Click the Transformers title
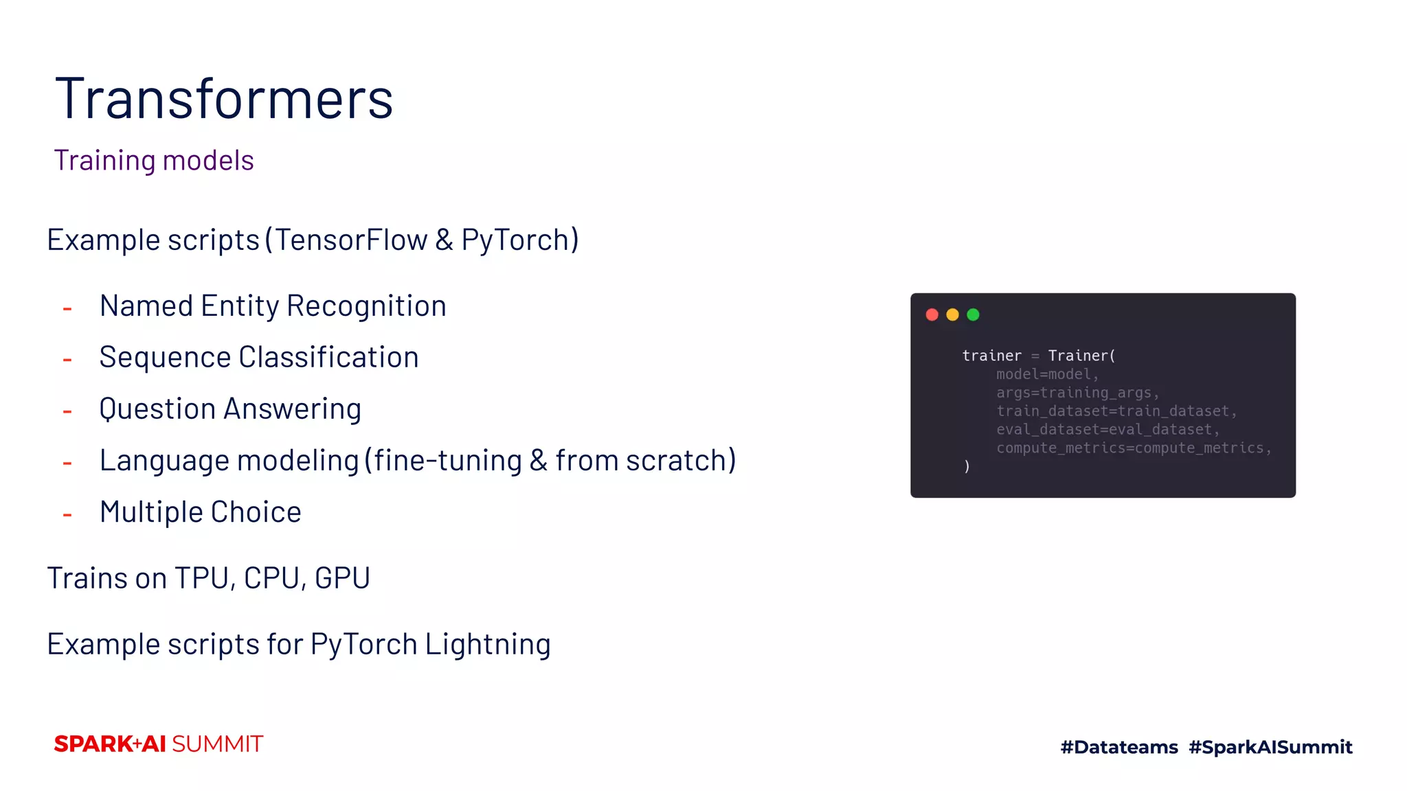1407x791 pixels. [x=224, y=99]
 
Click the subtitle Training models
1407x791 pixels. [x=154, y=160]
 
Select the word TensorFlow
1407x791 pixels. [x=351, y=240]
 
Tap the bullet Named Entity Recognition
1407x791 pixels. [x=273, y=306]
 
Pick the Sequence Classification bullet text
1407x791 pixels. [x=259, y=357]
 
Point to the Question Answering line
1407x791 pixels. [x=230, y=409]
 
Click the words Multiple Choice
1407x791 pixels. [x=201, y=512]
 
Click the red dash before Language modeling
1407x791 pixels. [x=67, y=463]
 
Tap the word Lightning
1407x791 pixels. [x=488, y=644]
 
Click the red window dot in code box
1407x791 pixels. [x=932, y=314]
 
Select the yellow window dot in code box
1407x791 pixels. [x=952, y=314]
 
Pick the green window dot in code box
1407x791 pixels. [x=973, y=314]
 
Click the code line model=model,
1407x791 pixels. [x=1047, y=374]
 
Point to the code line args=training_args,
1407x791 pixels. [x=1077, y=393]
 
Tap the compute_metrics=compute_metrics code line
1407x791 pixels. [x=1134, y=448]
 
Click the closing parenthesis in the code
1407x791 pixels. [x=967, y=466]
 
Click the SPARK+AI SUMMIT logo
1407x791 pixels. [x=159, y=744]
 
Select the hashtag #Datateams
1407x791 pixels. [x=1119, y=747]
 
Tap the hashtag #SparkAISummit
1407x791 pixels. [x=1270, y=747]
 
